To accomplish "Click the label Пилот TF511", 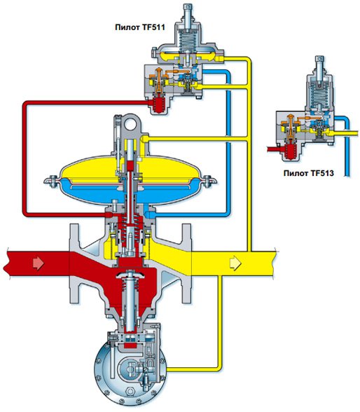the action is [140, 27].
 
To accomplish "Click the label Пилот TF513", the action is [309, 173].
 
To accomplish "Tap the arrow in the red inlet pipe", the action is [39, 263].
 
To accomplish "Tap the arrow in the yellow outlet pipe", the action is [235, 263].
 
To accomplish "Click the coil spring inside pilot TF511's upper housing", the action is [188, 40].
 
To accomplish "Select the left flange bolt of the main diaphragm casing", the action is [51, 181].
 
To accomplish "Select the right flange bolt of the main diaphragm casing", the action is [209, 181].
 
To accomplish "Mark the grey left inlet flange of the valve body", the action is [74, 263].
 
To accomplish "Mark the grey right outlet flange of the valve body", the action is [186, 263].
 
